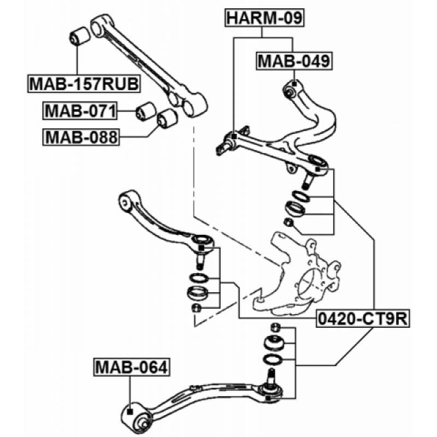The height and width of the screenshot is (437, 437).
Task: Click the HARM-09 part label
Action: coord(264,18)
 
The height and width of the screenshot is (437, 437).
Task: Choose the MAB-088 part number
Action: coord(80,136)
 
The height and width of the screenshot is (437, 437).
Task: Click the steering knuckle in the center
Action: coord(303,273)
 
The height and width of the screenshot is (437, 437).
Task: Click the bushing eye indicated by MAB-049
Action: coord(292,87)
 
